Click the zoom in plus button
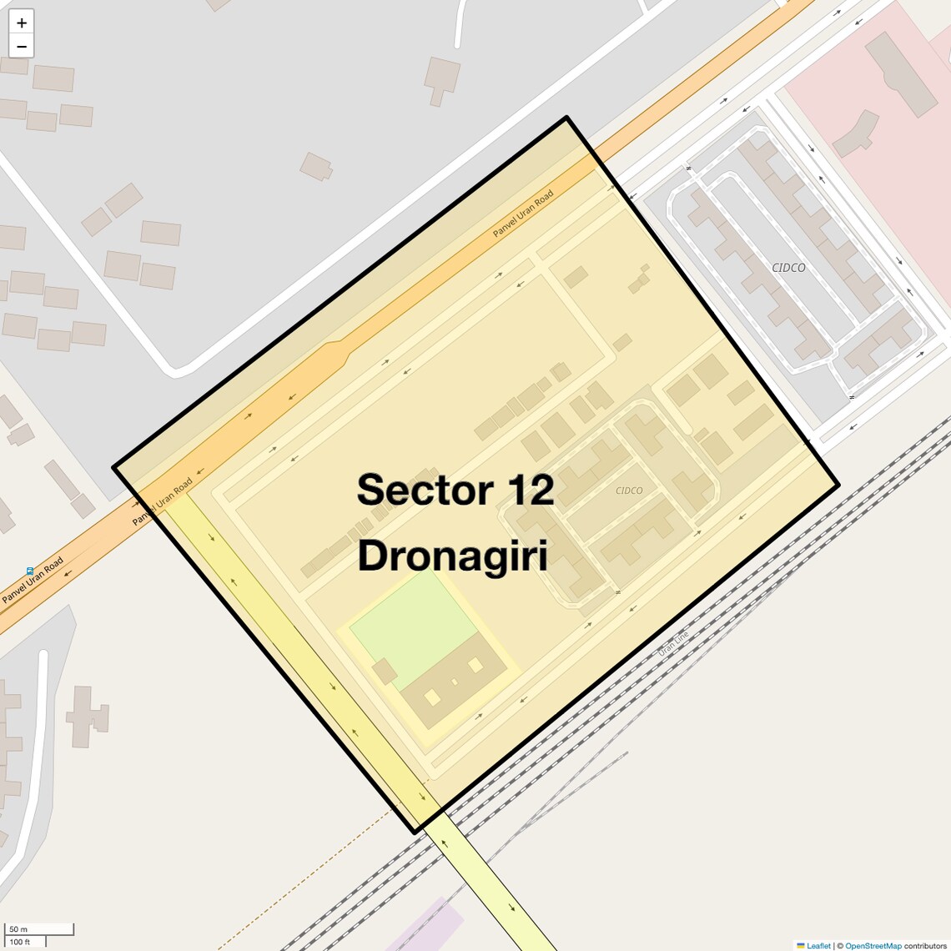coord(22,23)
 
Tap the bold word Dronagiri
coord(452,556)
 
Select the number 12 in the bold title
coord(525,490)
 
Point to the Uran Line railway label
coord(673,643)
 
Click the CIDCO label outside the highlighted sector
coord(788,268)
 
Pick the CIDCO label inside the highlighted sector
coord(629,491)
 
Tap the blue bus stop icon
coord(30,571)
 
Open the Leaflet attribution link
coord(818,945)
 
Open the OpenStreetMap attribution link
coord(873,945)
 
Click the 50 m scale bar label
coord(18,929)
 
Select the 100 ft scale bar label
coord(20,942)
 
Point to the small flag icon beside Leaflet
coord(801,945)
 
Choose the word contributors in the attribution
coord(925,945)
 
